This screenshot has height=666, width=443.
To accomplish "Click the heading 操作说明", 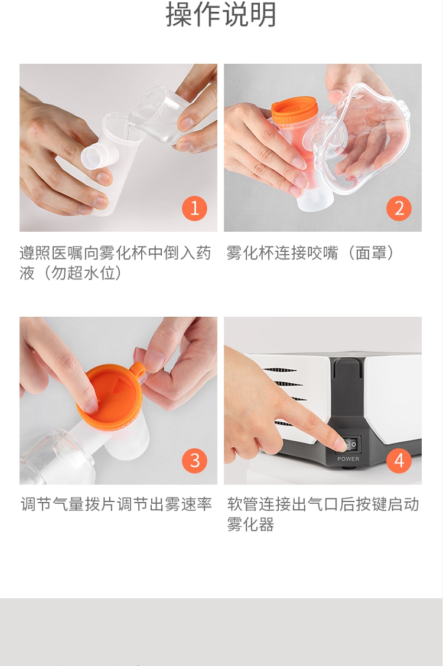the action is coord(221,14).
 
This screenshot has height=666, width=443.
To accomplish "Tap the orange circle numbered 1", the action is coord(194,208).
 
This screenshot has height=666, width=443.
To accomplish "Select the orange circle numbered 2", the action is coord(399,208).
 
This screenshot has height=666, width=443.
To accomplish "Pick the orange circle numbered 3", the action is coord(194,461).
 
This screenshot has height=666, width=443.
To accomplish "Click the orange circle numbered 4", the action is coord(399,461).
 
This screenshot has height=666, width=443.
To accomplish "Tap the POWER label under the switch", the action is coord(348,459).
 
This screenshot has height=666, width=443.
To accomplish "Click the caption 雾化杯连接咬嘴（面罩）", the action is coord(311,252).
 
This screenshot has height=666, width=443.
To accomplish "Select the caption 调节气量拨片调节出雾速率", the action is coord(116,504).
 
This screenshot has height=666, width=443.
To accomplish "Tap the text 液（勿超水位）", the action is coord(70,273).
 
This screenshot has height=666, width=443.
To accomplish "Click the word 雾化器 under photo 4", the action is coord(250,524).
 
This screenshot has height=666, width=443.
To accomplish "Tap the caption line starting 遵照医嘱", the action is coord(115,252).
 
